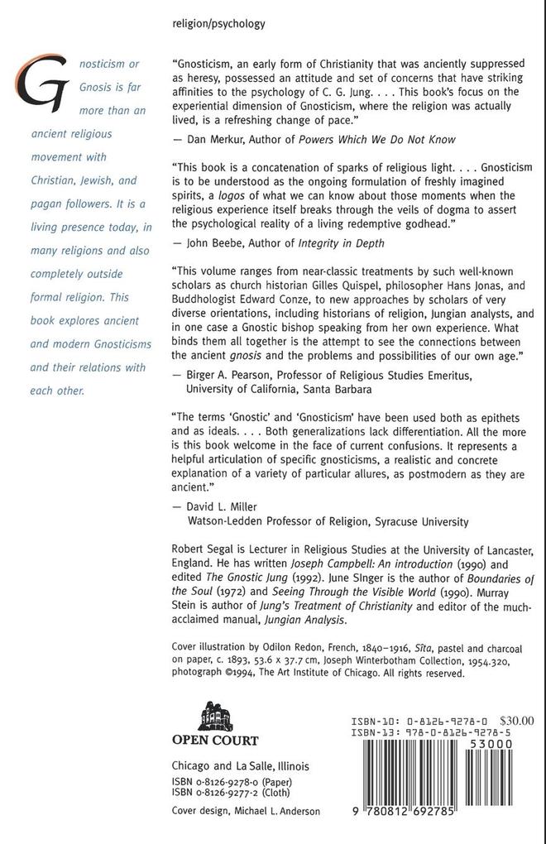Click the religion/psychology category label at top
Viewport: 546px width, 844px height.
point(218,24)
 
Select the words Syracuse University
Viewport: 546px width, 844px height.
point(424,521)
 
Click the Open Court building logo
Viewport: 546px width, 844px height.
point(213,712)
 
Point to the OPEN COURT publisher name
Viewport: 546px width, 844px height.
point(214,741)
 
